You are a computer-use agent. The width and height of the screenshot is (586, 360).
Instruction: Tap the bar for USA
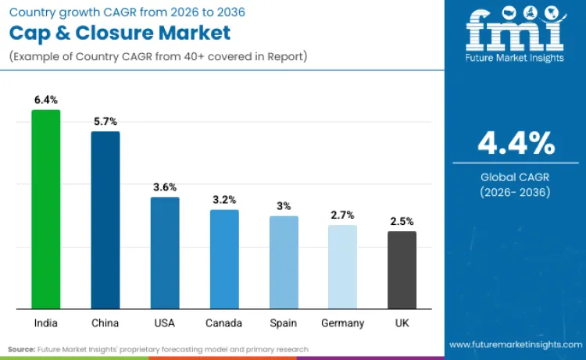point(165,253)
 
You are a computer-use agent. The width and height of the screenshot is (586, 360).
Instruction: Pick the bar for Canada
point(224,259)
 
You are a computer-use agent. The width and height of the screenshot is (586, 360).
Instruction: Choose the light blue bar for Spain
point(284,262)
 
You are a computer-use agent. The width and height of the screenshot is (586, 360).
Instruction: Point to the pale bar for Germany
point(342,267)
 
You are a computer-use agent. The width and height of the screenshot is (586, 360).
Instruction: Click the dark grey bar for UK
point(402,270)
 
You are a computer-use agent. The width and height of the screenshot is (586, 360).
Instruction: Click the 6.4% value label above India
point(45,100)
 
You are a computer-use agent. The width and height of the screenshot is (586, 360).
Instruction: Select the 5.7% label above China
point(105,122)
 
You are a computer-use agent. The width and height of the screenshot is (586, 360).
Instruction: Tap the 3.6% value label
point(165,187)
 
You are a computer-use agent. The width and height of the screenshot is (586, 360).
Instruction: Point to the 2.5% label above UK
point(402,221)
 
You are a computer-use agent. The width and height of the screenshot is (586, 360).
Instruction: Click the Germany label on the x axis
point(342,323)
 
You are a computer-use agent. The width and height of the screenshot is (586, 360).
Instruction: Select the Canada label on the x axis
point(224,323)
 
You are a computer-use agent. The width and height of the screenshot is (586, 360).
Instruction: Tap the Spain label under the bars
point(284,323)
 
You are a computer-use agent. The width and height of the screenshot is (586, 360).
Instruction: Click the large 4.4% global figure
point(516,144)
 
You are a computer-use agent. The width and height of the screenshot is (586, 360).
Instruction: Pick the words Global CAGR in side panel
point(516,177)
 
